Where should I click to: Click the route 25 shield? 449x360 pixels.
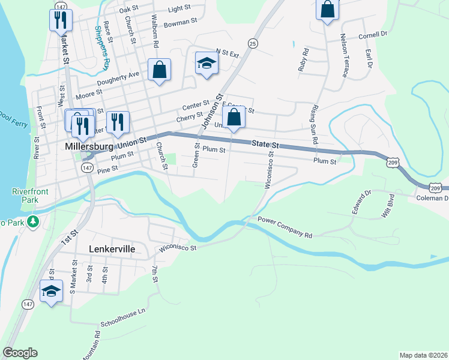252,43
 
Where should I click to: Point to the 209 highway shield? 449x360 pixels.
393,162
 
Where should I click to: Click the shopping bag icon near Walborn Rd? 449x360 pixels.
160,70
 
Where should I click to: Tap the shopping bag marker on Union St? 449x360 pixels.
234,116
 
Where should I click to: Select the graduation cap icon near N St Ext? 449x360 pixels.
206,63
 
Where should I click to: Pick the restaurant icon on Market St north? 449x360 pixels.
60,20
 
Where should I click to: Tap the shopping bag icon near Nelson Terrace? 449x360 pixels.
327,9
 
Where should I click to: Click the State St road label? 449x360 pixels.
266,144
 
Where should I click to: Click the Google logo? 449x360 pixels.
20,353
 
